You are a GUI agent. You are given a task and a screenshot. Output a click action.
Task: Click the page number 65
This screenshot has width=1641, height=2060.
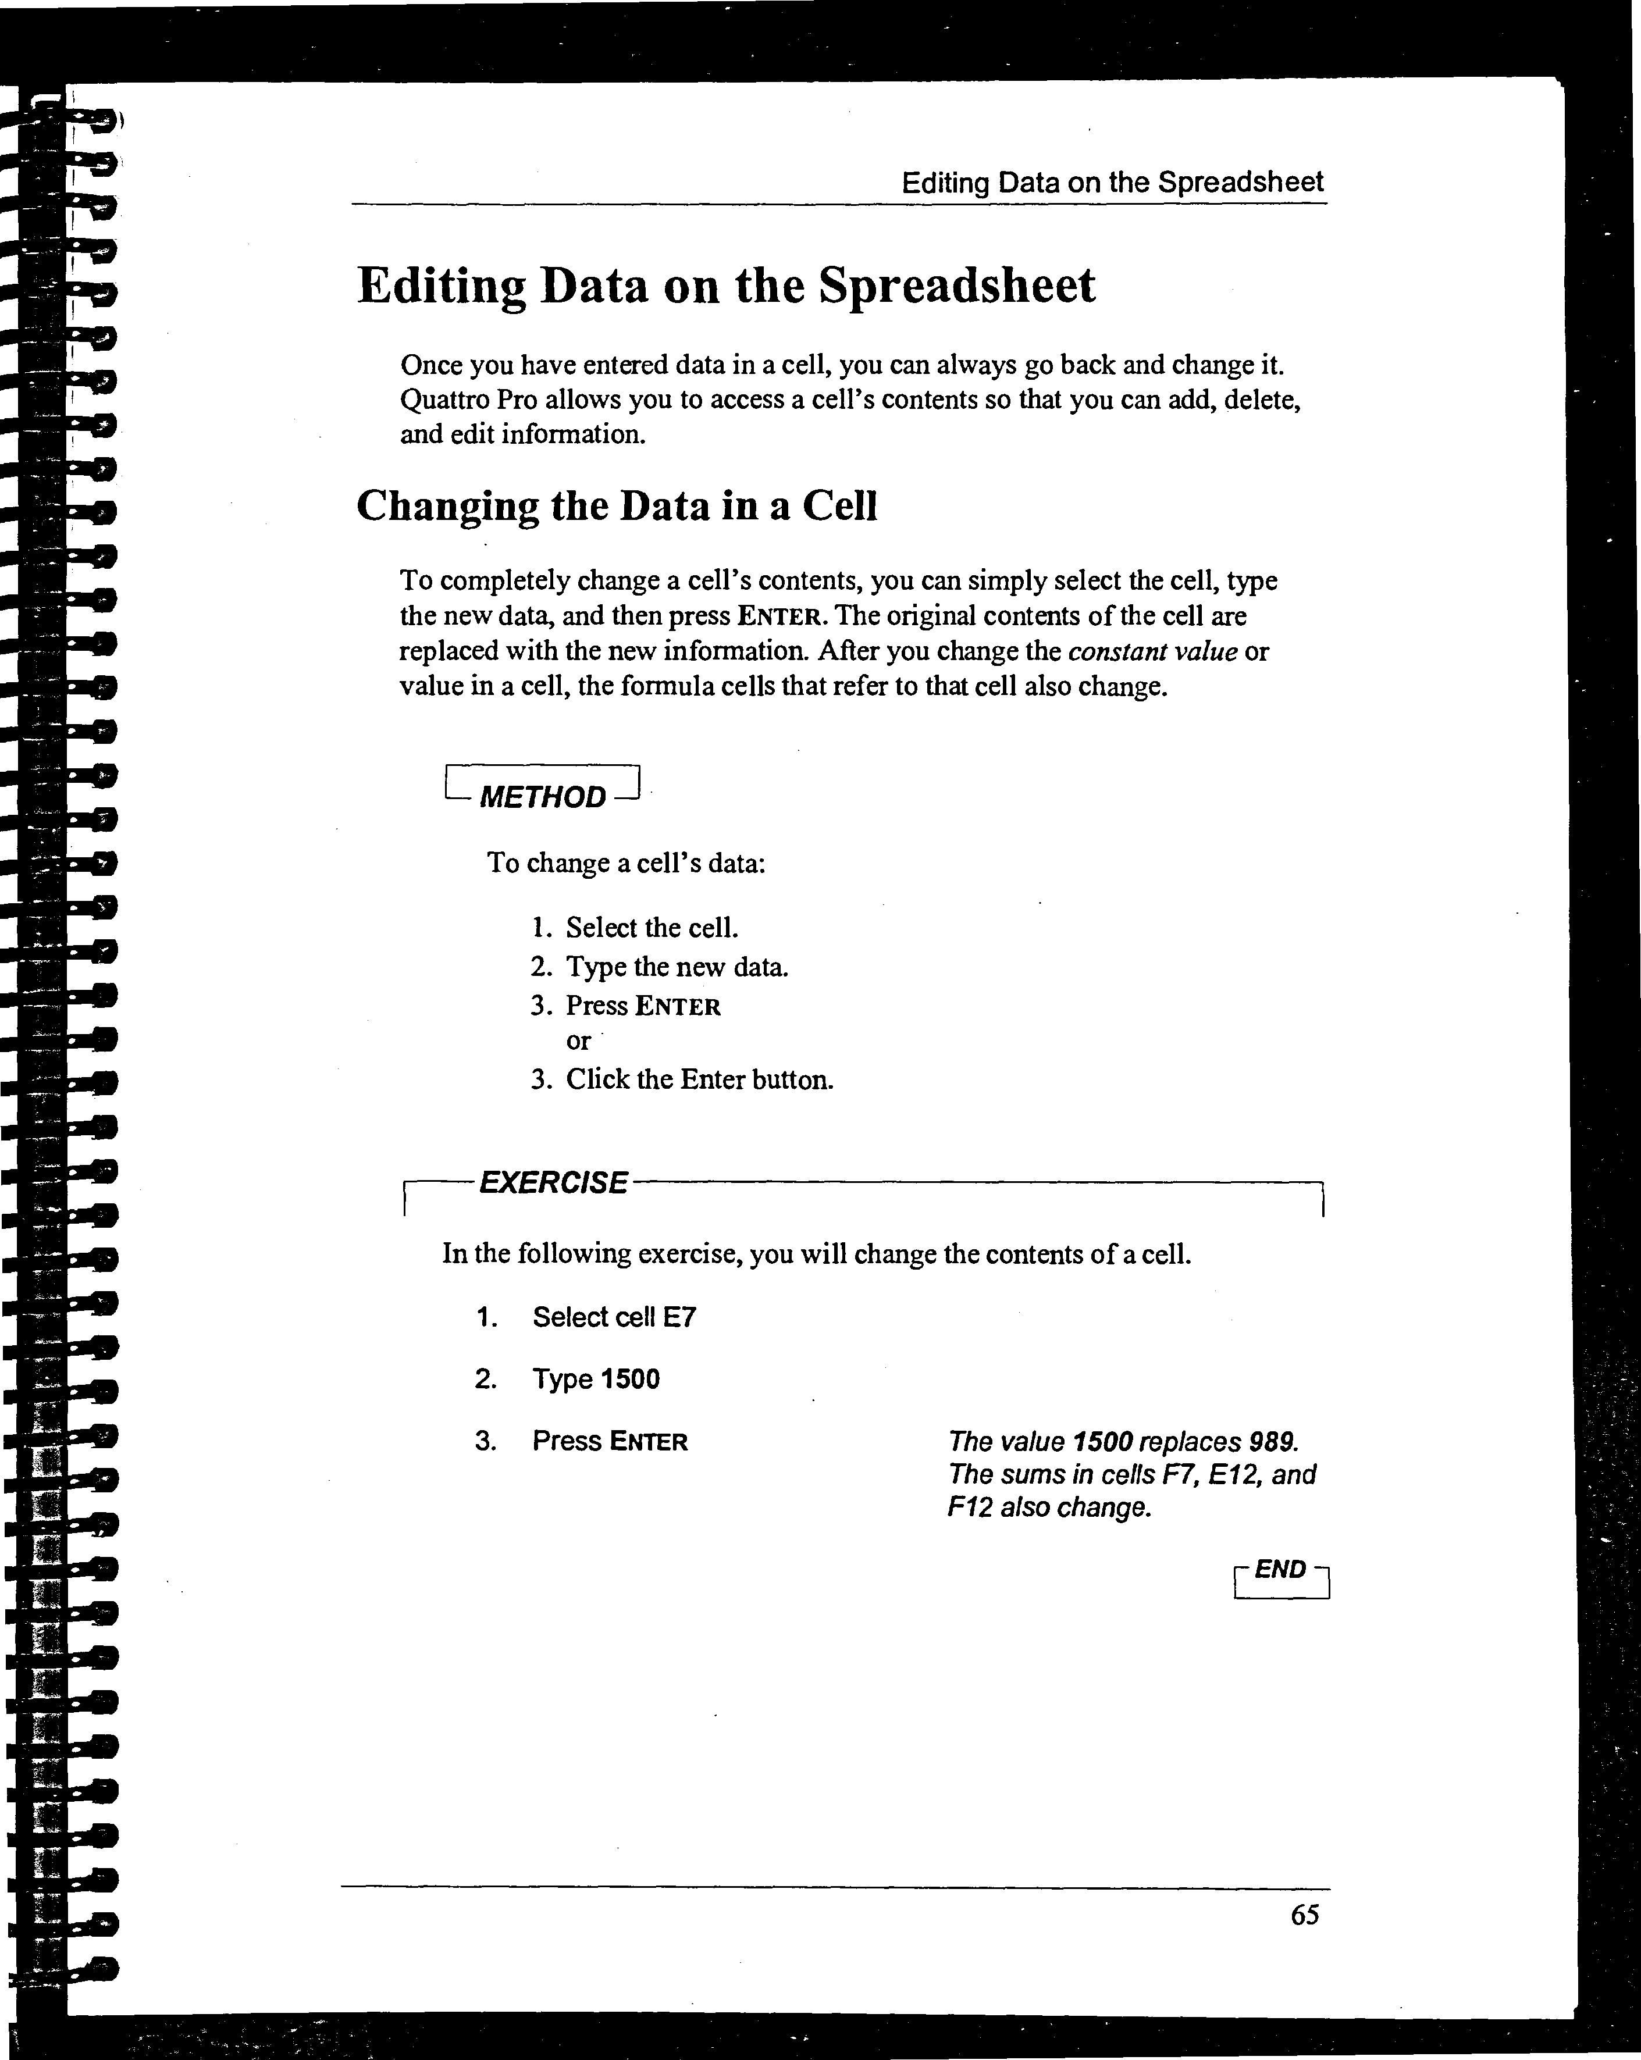coord(1305,1915)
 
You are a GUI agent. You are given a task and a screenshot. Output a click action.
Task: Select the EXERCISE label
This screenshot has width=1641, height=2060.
coord(553,1183)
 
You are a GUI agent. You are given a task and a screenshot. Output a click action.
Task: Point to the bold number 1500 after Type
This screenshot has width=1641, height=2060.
coord(629,1379)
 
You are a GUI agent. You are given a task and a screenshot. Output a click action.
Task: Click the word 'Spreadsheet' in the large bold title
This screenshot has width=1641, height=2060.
coord(957,286)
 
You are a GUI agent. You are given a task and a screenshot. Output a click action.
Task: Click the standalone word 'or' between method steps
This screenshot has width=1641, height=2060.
coord(578,1042)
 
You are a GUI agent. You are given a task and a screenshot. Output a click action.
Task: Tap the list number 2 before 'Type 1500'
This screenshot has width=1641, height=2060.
coord(486,1379)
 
